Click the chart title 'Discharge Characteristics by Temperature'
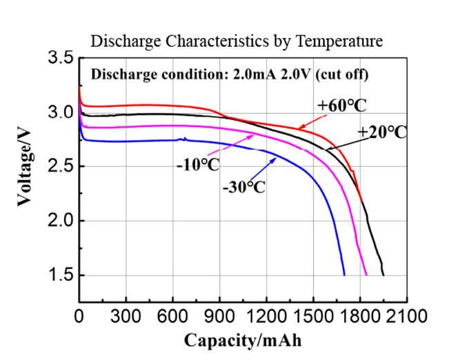click(237, 41)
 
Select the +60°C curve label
click(340, 105)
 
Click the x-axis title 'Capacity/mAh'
click(242, 340)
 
